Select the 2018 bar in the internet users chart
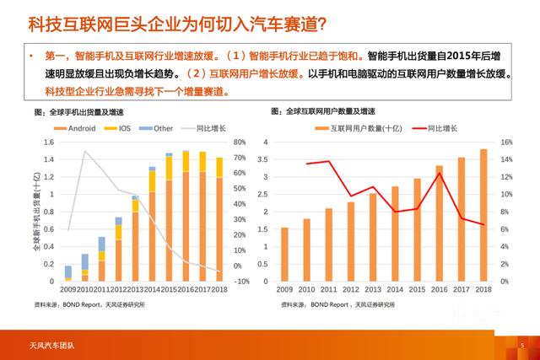(x=483, y=215)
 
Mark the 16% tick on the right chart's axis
(x=505, y=142)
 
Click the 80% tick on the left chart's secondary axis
(x=239, y=142)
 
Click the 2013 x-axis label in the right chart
(x=372, y=289)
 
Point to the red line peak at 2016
(x=439, y=174)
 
